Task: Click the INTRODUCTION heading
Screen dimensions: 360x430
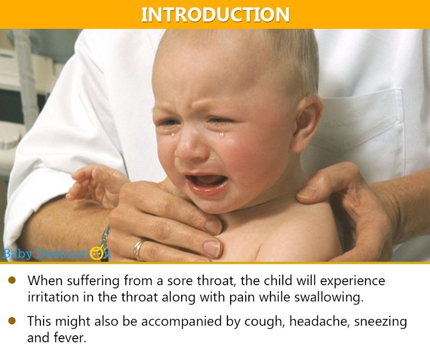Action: click(x=215, y=14)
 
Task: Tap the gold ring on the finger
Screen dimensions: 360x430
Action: click(x=139, y=249)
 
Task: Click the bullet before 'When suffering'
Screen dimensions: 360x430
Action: click(x=12, y=280)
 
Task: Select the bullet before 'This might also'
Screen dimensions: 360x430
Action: click(x=12, y=321)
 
